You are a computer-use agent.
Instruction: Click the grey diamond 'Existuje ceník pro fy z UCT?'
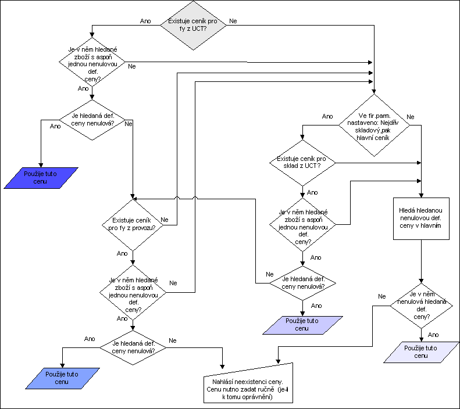coord(187,25)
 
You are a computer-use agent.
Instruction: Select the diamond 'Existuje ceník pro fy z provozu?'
coord(133,224)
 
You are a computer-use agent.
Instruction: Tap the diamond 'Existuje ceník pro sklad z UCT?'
coord(302,163)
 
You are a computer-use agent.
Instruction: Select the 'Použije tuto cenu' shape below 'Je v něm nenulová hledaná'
coord(422,352)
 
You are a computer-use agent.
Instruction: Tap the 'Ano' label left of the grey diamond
coord(145,21)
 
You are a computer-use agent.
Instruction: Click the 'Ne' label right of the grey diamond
coord(233,21)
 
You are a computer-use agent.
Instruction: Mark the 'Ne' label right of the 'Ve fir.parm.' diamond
coord(410,117)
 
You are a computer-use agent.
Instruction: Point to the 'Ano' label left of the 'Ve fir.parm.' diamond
coord(327,116)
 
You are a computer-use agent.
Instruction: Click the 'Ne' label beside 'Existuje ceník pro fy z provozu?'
coord(165,220)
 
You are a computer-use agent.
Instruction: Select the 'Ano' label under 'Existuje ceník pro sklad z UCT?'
coord(312,192)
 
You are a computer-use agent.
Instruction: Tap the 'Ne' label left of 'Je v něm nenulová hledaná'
coord(382,296)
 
